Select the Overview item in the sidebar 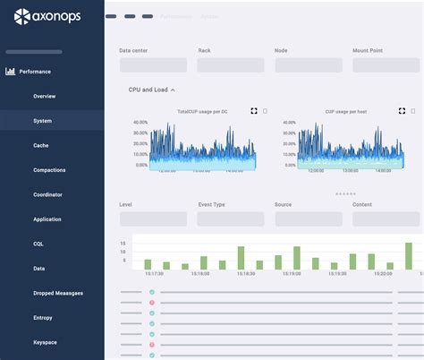pyautogui.click(x=44, y=96)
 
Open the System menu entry pyautogui.click(x=42, y=120)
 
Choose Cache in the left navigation pyautogui.click(x=41, y=145)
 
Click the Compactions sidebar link pyautogui.click(x=49, y=169)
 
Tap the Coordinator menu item pyautogui.click(x=48, y=194)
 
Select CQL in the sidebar pyautogui.click(x=38, y=244)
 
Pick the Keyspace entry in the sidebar pyautogui.click(x=46, y=342)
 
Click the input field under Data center pyautogui.click(x=153, y=65)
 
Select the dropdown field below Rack pyautogui.click(x=231, y=65)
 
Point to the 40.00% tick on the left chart pyautogui.click(x=140, y=122)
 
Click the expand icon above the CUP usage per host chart pyautogui.click(x=402, y=111)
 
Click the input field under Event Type pyautogui.click(x=231, y=219)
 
